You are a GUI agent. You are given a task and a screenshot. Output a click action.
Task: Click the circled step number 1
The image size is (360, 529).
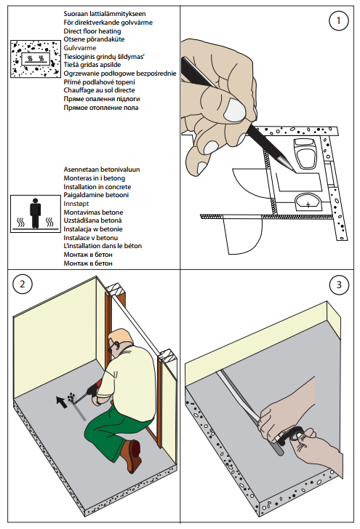click(x=338, y=21)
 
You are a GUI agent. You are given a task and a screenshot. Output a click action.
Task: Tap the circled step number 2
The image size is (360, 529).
click(x=23, y=284)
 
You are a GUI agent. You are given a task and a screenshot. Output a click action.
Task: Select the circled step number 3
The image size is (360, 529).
click(x=339, y=285)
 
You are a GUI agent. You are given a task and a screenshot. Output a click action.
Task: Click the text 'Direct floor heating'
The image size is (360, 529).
click(x=92, y=31)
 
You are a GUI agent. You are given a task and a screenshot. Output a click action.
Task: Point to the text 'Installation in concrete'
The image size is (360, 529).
click(x=97, y=186)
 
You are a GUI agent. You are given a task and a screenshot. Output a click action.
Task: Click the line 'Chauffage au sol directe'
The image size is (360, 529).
click(x=99, y=90)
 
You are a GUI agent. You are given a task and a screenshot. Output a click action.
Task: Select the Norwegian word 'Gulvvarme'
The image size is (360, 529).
click(x=80, y=48)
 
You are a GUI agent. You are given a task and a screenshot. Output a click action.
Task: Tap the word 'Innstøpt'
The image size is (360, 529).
click(x=76, y=204)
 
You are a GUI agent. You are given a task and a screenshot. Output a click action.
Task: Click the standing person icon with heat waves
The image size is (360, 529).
click(x=36, y=213)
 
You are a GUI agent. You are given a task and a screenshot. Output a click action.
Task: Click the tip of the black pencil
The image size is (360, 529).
click(x=295, y=172)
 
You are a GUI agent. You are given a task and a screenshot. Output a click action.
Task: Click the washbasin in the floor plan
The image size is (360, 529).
click(x=308, y=203)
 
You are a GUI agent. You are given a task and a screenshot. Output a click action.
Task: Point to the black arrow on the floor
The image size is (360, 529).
click(x=62, y=402)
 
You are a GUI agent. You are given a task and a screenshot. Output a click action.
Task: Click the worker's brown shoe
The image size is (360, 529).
click(x=133, y=456)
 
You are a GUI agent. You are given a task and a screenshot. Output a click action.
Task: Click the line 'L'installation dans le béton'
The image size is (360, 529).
click(x=103, y=246)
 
